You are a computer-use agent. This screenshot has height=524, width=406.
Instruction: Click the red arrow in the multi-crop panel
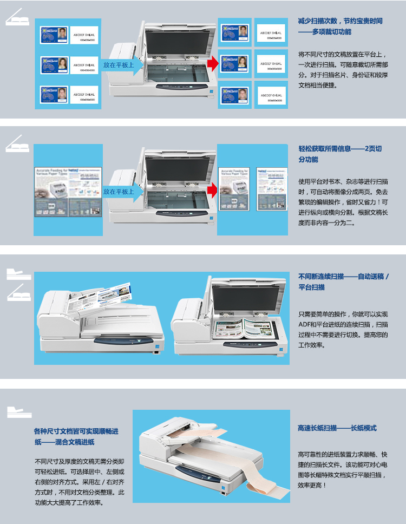point(212,64)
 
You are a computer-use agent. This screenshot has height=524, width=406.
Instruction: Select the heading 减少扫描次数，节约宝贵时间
point(340,21)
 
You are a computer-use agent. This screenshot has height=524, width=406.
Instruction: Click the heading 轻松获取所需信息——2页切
point(340,148)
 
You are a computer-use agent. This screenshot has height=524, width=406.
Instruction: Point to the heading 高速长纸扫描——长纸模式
point(337,428)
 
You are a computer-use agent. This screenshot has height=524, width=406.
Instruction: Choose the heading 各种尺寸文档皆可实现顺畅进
point(76,431)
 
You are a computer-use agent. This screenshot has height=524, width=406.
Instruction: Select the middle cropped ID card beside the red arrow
point(234,63)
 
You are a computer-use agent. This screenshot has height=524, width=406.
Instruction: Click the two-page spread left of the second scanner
point(68,189)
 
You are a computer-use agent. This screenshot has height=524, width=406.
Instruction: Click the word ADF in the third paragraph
point(305,324)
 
